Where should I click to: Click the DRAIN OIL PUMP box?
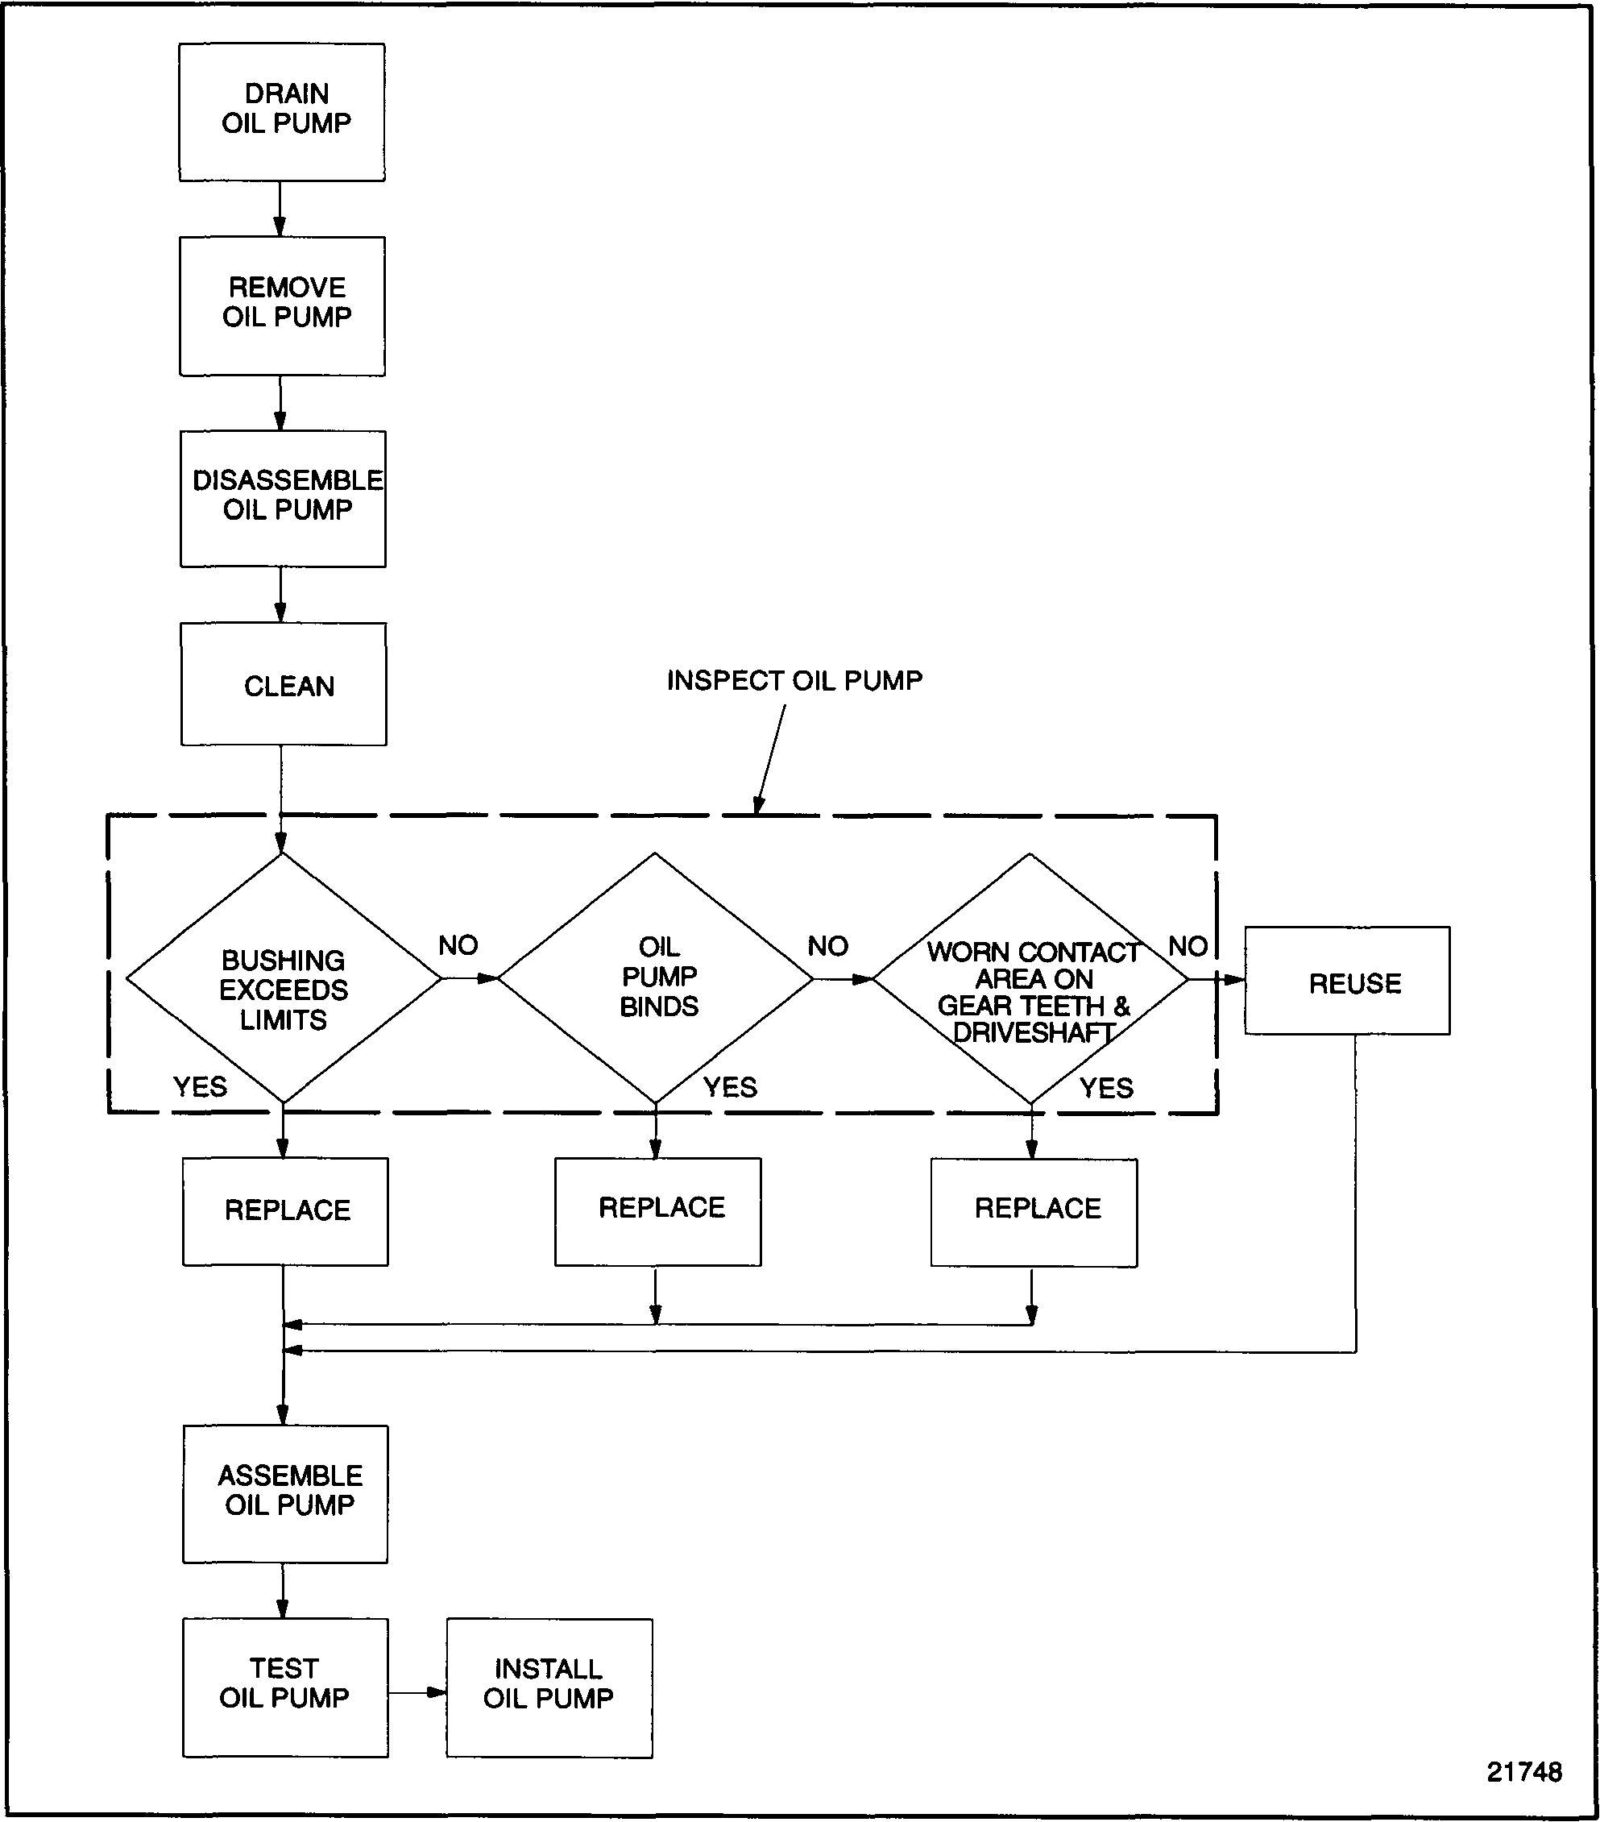(282, 112)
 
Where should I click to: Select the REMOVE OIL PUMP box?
(283, 305)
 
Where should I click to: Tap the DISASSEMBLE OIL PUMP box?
(283, 498)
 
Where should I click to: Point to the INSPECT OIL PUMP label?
(794, 681)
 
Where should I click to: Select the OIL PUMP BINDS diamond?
(656, 977)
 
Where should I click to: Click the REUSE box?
(1347, 981)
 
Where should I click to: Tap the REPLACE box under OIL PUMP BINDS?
(658, 1211)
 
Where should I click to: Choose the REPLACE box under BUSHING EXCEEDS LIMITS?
(285, 1211)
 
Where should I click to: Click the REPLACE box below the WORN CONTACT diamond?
(1034, 1212)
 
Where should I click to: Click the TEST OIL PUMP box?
(285, 1687)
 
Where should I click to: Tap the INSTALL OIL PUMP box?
(549, 1687)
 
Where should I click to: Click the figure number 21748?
(1523, 1771)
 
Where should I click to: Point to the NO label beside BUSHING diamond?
(458, 945)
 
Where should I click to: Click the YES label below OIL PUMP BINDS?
(729, 1086)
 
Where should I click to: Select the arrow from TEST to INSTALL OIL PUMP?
(417, 1692)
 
